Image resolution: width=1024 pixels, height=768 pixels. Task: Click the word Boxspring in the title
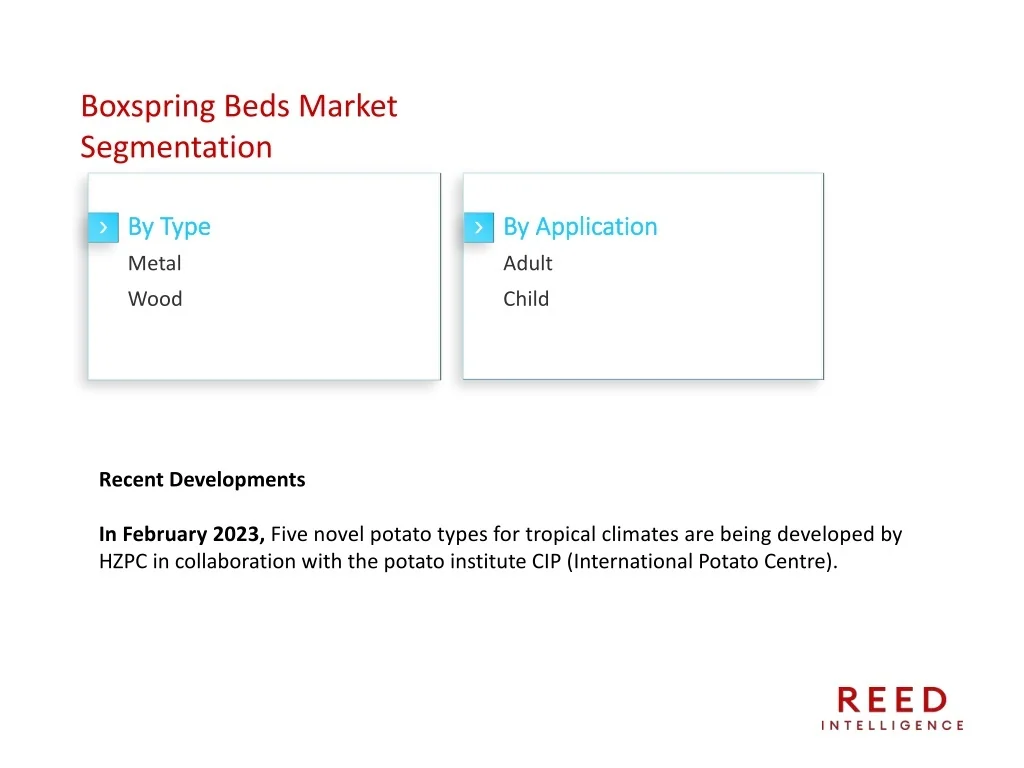[x=148, y=107]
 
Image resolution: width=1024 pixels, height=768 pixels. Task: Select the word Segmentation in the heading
[x=176, y=148]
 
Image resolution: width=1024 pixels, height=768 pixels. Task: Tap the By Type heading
[x=169, y=227]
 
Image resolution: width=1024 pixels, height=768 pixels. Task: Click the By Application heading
[x=580, y=227]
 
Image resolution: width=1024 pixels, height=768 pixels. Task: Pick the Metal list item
[x=155, y=263]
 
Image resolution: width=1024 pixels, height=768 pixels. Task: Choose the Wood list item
[x=155, y=299]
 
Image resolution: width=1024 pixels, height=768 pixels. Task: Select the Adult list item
[x=528, y=263]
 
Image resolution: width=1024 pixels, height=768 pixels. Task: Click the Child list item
[x=526, y=299]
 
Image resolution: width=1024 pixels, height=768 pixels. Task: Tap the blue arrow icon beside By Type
[x=103, y=227]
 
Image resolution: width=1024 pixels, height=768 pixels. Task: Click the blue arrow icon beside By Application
[x=479, y=227]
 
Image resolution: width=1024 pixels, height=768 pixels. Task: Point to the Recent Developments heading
[x=202, y=480]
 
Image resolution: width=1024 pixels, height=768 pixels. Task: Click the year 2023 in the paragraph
[x=239, y=534]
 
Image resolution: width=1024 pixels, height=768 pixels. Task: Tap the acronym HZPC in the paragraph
[x=123, y=562]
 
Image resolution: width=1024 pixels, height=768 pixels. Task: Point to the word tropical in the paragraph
[x=561, y=535]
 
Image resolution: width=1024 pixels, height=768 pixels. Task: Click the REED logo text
[x=892, y=700]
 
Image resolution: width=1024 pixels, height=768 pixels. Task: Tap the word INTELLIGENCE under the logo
[x=892, y=726]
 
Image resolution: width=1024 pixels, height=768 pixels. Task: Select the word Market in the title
[x=348, y=106]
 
